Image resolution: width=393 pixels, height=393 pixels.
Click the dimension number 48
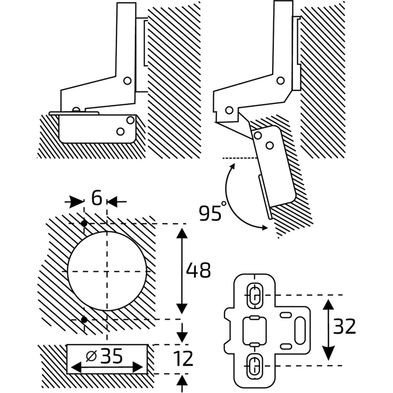tap(198, 271)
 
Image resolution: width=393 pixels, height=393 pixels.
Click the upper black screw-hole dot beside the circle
tap(84, 224)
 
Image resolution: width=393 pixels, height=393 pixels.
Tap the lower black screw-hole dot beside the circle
tap(84, 320)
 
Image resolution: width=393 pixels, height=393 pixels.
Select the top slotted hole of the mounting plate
tap(254, 294)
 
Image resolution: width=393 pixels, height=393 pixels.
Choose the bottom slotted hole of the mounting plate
tap(254, 365)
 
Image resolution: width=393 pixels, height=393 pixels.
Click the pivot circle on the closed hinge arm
tap(127, 81)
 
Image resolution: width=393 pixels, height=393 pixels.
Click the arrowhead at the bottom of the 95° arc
tap(264, 227)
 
